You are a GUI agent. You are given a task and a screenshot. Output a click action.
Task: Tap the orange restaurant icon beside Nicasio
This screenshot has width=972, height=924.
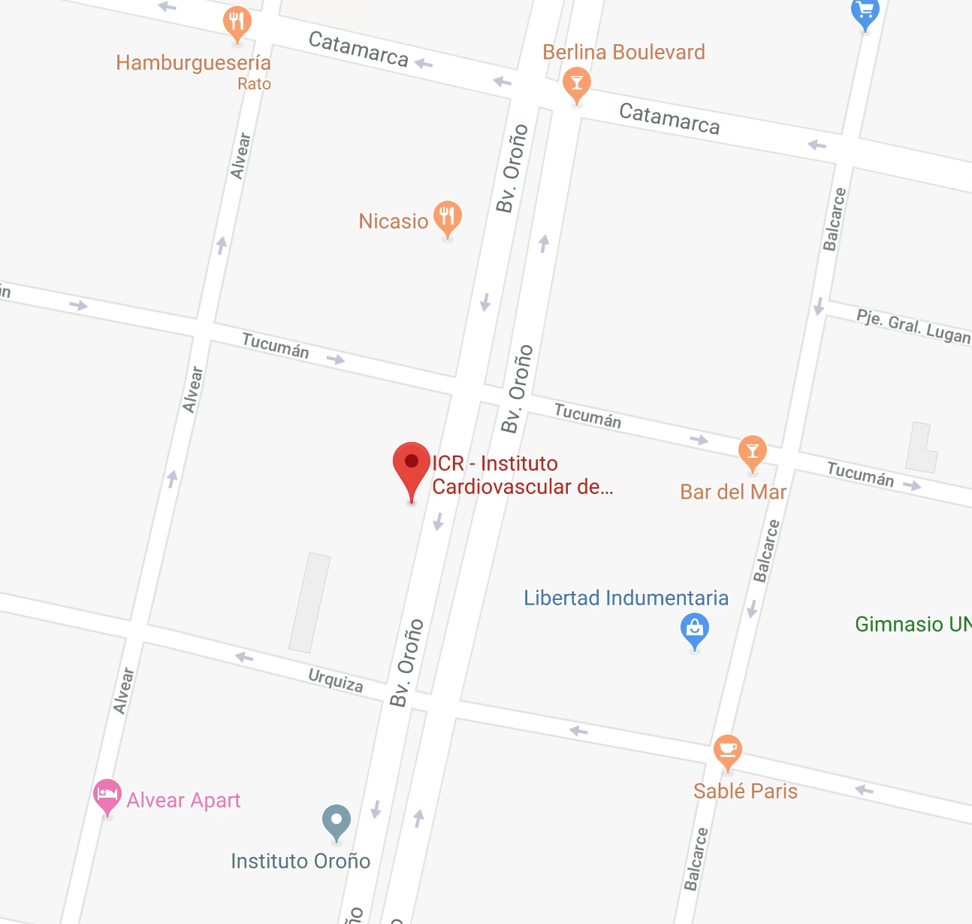(x=448, y=218)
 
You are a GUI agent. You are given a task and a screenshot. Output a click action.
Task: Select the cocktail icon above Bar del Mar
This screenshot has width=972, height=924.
(x=752, y=452)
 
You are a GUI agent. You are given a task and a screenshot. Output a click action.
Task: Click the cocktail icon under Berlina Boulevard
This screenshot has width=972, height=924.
(x=576, y=83)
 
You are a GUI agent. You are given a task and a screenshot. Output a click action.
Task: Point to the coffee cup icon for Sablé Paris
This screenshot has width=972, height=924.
(x=727, y=751)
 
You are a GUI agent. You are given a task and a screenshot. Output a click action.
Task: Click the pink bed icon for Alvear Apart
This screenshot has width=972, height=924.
(x=107, y=795)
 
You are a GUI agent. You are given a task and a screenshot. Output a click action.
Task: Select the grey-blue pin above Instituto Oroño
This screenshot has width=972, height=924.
(x=337, y=820)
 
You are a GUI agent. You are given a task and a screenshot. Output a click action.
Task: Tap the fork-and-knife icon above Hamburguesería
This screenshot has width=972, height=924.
(x=237, y=23)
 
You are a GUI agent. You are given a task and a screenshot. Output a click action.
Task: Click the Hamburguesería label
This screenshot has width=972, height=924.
(x=193, y=63)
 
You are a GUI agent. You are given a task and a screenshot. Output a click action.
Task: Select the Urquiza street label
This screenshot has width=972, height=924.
(x=336, y=680)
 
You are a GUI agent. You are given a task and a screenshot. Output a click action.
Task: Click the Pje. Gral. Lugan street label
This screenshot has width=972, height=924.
(x=913, y=326)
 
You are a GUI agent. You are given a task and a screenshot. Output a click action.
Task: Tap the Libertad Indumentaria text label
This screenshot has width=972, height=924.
(x=626, y=598)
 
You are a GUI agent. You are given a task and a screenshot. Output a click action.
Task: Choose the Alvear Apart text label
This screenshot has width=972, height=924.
(x=184, y=800)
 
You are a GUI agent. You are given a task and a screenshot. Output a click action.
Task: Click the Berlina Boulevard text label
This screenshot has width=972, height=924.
(x=623, y=52)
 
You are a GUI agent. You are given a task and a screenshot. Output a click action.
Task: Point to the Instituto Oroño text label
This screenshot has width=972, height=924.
(x=300, y=861)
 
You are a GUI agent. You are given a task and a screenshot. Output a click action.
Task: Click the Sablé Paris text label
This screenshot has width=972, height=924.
(x=745, y=791)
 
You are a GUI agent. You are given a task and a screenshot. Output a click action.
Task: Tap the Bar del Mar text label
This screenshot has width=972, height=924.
(x=733, y=492)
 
